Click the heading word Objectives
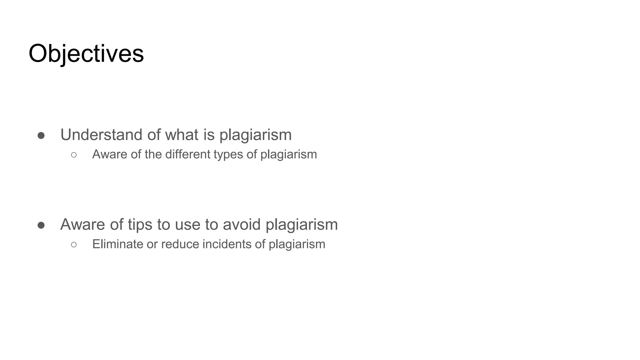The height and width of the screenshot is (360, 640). click(86, 54)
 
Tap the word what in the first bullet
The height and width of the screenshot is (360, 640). click(182, 135)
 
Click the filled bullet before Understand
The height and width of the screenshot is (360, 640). click(41, 136)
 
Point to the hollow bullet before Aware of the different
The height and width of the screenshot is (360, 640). click(74, 155)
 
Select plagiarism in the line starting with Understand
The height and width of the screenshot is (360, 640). click(255, 135)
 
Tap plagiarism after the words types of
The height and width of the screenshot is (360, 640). click(288, 154)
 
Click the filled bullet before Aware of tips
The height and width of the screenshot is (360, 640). click(41, 225)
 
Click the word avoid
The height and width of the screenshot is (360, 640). click(242, 224)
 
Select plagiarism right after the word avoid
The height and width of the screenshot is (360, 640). click(302, 224)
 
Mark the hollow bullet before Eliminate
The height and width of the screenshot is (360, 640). click(74, 244)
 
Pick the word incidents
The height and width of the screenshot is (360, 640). click(227, 244)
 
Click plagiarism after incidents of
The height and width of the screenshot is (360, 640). click(297, 244)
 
